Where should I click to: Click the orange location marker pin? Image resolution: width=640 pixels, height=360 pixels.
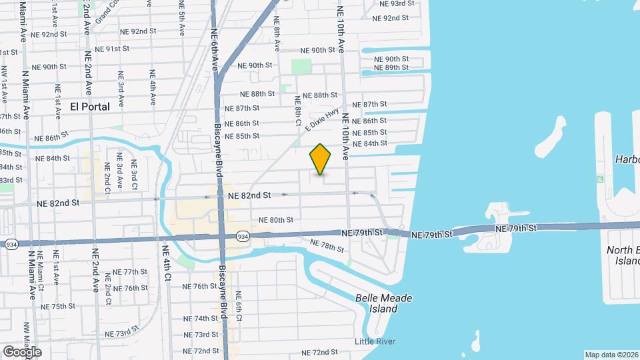click(x=321, y=159)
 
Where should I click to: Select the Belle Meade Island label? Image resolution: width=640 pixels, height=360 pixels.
click(x=383, y=303)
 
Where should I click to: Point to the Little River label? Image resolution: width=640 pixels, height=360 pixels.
click(x=375, y=342)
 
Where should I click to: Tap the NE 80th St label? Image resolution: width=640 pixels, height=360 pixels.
click(x=276, y=220)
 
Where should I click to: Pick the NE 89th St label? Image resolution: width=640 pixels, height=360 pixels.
click(x=391, y=68)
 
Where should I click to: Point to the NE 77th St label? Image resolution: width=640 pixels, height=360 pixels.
click(x=130, y=272)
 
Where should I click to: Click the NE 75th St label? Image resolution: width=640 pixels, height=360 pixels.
click(x=58, y=307)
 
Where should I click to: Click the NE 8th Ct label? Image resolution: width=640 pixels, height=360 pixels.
click(x=298, y=110)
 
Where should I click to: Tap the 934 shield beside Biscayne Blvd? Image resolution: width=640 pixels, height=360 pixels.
click(x=242, y=236)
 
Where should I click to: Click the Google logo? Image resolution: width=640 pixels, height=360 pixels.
click(x=22, y=352)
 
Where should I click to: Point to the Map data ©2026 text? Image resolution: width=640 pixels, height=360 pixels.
click(x=611, y=355)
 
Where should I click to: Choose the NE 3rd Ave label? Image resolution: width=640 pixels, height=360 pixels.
click(x=121, y=89)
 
